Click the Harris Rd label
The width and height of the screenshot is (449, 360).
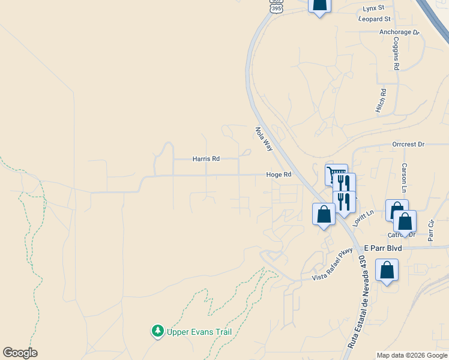tap(206, 159)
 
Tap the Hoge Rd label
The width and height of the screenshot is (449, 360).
tap(279, 175)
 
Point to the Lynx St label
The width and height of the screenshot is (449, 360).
tap(373, 9)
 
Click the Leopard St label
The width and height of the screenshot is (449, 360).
tap(375, 19)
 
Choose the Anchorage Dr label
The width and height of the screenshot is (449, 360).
tap(399, 32)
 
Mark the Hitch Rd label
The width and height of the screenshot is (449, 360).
tap(381, 99)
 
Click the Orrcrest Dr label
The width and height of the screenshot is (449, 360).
tap(408, 145)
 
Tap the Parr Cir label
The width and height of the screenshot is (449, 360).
tap(430, 230)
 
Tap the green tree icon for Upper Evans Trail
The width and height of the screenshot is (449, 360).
tap(158, 331)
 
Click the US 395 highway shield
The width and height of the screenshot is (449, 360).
tap(275, 7)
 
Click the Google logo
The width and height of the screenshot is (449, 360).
tap(20, 353)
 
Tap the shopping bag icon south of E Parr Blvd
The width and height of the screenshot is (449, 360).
tap(387, 270)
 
